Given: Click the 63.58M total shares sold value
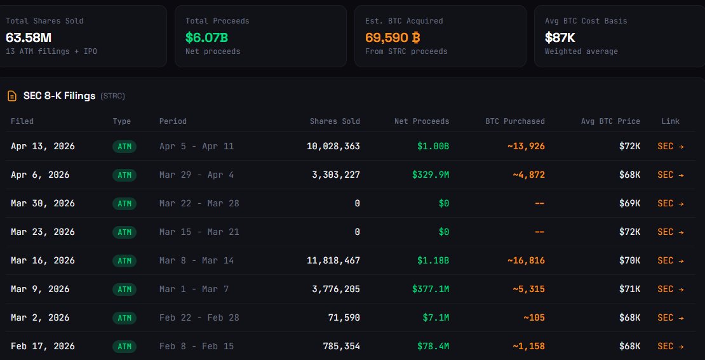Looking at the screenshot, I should click(x=29, y=37).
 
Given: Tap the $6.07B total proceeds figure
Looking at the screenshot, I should click(x=207, y=37).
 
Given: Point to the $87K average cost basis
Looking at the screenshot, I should click(x=560, y=37).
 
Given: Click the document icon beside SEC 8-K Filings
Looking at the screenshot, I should click(x=11, y=96).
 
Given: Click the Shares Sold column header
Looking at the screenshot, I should click(x=335, y=121).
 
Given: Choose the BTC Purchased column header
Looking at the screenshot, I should click(x=515, y=121).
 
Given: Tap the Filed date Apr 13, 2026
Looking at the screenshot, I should click(x=43, y=146).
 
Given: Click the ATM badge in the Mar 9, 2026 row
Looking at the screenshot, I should click(x=124, y=289).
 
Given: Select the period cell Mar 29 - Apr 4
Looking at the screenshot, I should click(x=196, y=175).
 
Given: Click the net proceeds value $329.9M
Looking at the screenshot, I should click(x=431, y=175).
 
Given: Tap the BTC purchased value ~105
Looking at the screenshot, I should click(x=534, y=317).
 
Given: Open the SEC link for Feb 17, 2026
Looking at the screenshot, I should click(x=671, y=346).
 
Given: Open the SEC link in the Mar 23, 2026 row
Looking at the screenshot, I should click(x=671, y=232).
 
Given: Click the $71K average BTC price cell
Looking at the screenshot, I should click(x=630, y=289).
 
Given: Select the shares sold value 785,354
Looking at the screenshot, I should click(x=339, y=346).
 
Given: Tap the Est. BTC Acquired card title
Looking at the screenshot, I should click(x=404, y=21).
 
